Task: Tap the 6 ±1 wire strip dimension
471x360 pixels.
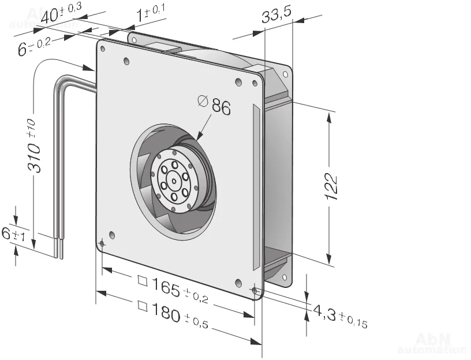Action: pyautogui.click(x=13, y=234)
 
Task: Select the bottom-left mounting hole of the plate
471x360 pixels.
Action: pyautogui.click(x=102, y=244)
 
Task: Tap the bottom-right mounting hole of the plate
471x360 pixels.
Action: pyautogui.click(x=255, y=290)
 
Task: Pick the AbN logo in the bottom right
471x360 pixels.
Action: pyautogui.click(x=430, y=340)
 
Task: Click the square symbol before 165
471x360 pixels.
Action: pyautogui.click(x=142, y=282)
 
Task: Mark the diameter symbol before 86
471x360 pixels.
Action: pyautogui.click(x=203, y=101)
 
